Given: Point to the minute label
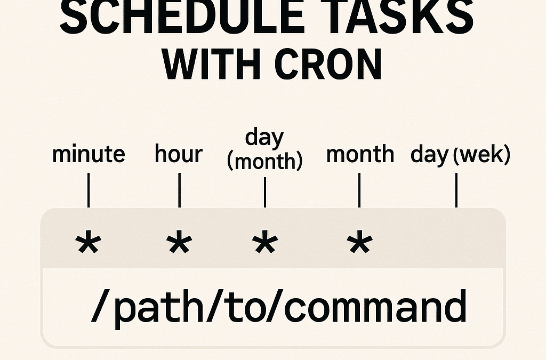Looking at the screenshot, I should click(x=89, y=155).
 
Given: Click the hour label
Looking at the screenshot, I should click(x=179, y=155).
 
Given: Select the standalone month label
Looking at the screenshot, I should click(x=360, y=155).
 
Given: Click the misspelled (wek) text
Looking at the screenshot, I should click(x=481, y=155).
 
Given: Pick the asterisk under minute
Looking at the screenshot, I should click(x=88, y=244).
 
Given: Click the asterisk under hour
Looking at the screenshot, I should click(x=179, y=244).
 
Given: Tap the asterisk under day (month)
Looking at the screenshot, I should click(x=264, y=244).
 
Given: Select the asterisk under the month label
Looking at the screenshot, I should click(x=359, y=244).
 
